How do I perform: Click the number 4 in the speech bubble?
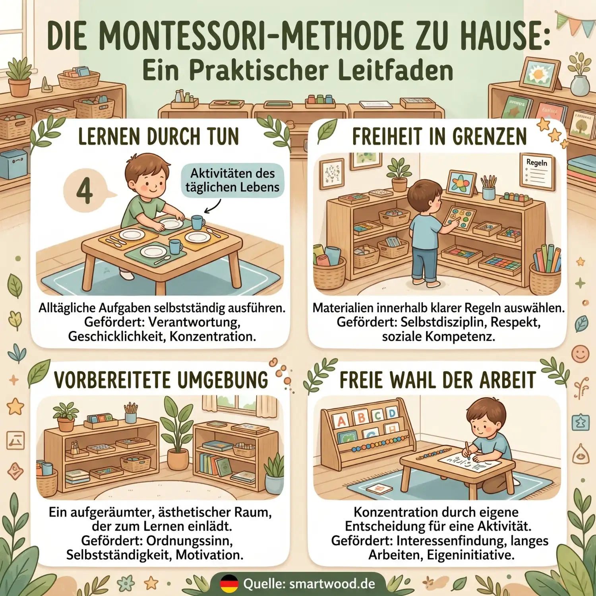point(84,191)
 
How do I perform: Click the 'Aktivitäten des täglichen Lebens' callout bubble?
point(232,180)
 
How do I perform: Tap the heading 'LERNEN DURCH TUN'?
point(158,137)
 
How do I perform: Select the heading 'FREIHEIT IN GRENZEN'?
point(439,137)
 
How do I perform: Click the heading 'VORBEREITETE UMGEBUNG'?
point(161,380)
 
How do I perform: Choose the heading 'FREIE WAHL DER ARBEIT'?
point(437,380)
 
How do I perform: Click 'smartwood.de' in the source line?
point(332,584)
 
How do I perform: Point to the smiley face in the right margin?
point(580,353)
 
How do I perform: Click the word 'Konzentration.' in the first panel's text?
point(213,337)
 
